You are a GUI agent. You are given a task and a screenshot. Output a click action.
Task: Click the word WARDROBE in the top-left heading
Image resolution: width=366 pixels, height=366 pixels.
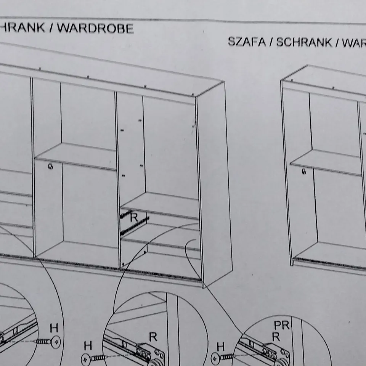(95, 29)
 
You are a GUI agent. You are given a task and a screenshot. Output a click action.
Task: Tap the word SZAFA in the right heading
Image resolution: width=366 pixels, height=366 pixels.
(246, 42)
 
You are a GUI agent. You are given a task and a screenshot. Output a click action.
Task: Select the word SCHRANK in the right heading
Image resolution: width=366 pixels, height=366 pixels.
(304, 42)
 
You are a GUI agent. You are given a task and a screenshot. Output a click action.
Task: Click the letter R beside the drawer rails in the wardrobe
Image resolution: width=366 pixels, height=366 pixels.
(134, 218)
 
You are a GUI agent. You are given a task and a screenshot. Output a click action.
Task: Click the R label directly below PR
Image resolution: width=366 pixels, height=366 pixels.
(276, 337)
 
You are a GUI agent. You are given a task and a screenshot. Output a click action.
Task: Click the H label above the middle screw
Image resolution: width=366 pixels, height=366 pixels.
(88, 346)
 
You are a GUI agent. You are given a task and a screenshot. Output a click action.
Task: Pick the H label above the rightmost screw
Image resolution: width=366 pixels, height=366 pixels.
(220, 346)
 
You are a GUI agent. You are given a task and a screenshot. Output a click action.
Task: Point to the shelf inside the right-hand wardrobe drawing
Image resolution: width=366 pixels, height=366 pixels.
(328, 162)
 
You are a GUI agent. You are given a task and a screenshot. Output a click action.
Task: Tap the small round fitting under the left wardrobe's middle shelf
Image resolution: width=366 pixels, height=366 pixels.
(50, 167)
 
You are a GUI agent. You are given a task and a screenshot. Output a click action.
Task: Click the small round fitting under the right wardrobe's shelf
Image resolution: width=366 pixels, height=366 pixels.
(303, 172)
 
